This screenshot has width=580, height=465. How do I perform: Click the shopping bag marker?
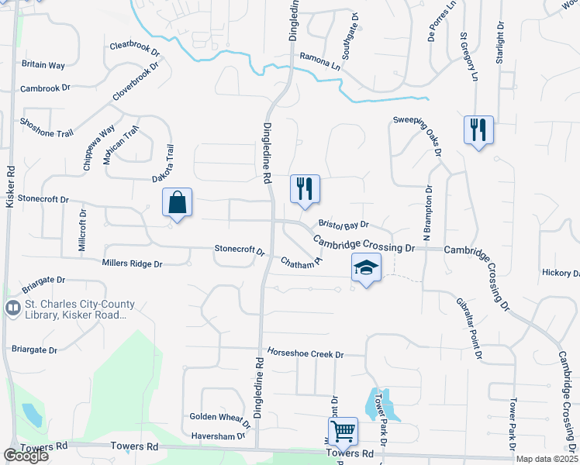pos(177,203)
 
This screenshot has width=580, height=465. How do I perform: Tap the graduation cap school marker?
pos(366,268)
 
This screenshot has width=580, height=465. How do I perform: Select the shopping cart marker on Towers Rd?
pos(343,431)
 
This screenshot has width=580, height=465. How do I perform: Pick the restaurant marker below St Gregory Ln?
pos(478,129)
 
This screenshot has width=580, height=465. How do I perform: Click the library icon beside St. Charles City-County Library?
pos(12,309)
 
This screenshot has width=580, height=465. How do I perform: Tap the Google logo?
pos(26,456)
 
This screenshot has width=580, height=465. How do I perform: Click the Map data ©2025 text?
pos(547,460)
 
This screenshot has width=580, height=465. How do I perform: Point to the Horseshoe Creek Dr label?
pos(305,353)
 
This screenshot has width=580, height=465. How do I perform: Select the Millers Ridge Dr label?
pos(132,263)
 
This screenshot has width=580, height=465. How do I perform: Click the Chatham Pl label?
pos(301,263)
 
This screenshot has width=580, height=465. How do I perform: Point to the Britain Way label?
pos(44,64)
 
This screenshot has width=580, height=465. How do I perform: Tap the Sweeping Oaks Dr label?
pos(418,132)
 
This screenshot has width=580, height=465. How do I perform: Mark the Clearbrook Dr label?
pos(134,49)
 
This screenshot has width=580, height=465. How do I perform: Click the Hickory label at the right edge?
pos(561,273)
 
